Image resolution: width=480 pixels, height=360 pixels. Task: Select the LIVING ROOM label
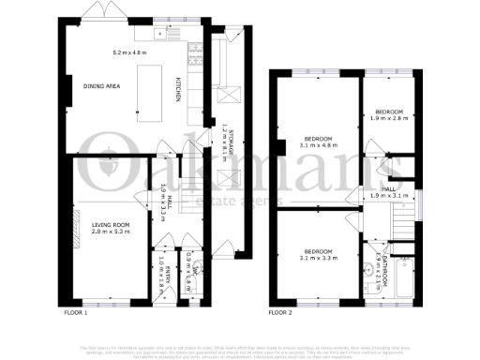pyautogui.click(x=109, y=225)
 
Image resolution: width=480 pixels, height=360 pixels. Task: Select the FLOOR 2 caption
pyautogui.click(x=281, y=311)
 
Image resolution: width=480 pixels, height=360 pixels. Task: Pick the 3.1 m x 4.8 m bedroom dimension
pyautogui.click(x=316, y=145)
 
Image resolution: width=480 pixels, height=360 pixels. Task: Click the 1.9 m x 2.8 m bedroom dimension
pyautogui.click(x=384, y=119)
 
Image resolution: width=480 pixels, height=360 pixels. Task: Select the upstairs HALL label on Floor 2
pyautogui.click(x=387, y=188)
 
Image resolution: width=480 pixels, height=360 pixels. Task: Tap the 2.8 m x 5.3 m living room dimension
pyautogui.click(x=109, y=232)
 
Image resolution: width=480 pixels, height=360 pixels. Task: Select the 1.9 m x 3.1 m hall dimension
pyautogui.click(x=387, y=195)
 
